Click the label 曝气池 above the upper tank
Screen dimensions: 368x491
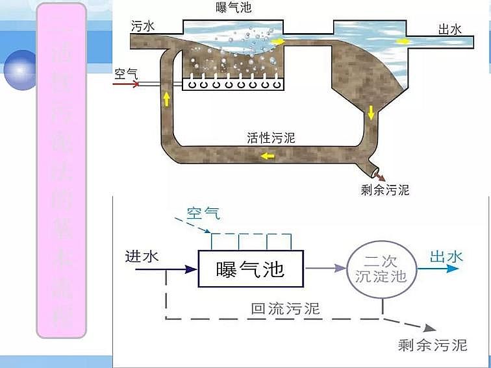click(x=233, y=8)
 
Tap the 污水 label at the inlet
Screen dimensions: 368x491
click(x=144, y=25)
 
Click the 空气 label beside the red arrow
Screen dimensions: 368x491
click(x=125, y=73)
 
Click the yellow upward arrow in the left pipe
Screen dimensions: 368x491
click(x=166, y=99)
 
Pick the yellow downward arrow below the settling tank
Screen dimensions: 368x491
click(x=371, y=112)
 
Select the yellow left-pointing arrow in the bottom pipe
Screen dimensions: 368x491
click(x=267, y=156)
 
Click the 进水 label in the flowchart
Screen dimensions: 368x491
click(x=141, y=256)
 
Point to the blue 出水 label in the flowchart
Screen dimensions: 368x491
click(x=446, y=257)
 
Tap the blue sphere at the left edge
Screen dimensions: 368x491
click(x=19, y=68)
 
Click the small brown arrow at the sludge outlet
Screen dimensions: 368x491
click(x=379, y=175)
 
